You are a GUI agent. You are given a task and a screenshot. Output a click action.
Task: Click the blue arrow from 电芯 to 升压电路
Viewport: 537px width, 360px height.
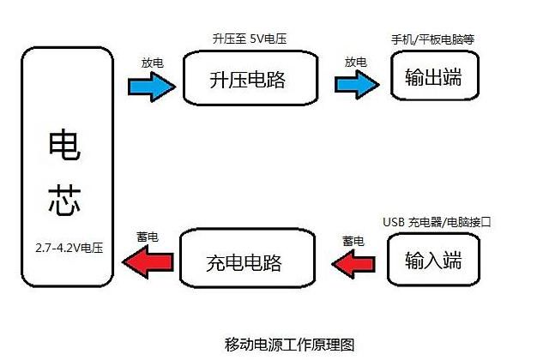[x=152, y=87]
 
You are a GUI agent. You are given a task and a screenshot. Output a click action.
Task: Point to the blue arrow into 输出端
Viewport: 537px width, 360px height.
[x=357, y=85]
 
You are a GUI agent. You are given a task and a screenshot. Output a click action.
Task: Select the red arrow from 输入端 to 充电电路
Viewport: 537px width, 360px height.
[x=353, y=263]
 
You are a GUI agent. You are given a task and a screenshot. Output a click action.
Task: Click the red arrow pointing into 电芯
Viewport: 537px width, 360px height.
[x=148, y=261]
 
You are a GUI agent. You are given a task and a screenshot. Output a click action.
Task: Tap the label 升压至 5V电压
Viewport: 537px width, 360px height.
[x=250, y=39]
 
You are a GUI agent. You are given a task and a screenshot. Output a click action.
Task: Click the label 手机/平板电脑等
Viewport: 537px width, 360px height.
[x=432, y=39]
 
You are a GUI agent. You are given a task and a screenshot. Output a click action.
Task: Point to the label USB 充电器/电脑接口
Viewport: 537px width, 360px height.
[x=437, y=222]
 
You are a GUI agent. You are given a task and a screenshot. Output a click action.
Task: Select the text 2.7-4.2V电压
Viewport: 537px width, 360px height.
[x=69, y=248]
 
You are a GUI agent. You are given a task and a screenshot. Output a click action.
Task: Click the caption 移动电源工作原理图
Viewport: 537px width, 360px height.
[x=289, y=345]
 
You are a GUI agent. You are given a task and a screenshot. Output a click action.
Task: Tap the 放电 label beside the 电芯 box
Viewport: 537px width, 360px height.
[x=153, y=63]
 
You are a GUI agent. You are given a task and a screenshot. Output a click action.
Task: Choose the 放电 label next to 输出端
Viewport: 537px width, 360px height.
[x=355, y=63]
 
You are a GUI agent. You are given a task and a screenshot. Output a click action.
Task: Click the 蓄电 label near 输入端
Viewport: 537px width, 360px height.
[x=353, y=241]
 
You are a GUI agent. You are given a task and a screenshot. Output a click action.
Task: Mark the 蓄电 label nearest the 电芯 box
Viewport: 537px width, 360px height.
[x=148, y=237]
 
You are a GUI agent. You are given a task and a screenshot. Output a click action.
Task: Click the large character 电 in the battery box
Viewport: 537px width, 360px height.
[x=64, y=145]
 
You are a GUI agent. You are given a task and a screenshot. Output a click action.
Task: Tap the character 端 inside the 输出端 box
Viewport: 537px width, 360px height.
[x=452, y=76]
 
